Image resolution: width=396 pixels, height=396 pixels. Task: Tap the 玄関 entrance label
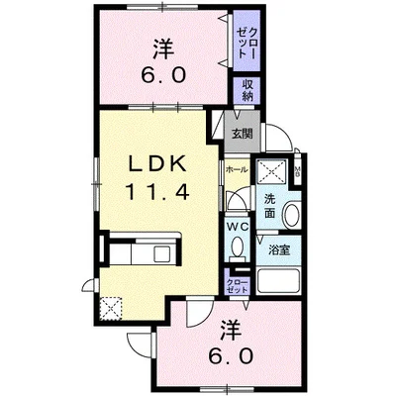point(242,134)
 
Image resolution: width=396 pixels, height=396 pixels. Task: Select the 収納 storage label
point(244,91)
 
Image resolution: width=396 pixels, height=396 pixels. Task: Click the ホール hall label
point(237,170)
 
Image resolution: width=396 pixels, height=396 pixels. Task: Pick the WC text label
point(238,226)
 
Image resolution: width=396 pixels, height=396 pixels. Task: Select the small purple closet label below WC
point(238,286)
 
